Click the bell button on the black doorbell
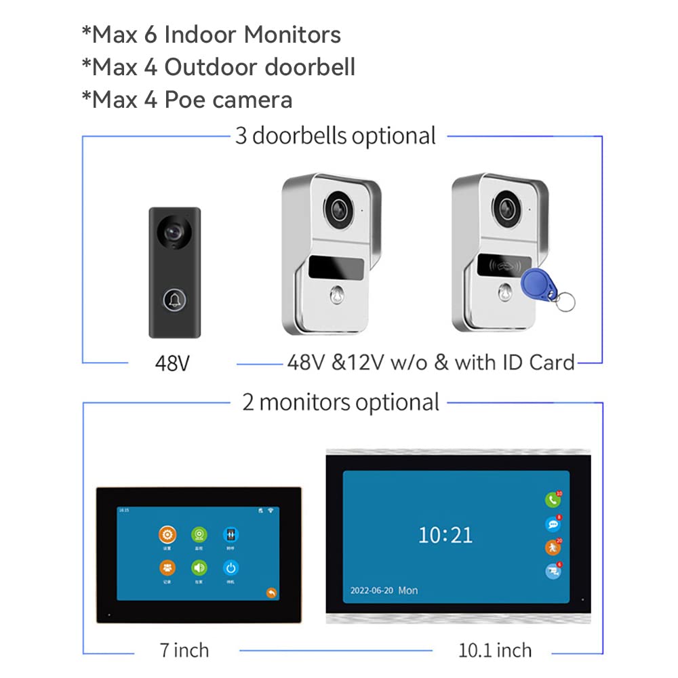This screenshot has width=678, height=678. [174, 299]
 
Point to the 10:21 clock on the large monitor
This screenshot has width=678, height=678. [445, 535]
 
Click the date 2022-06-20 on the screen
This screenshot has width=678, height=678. [372, 591]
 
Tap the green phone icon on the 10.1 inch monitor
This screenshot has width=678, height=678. [553, 500]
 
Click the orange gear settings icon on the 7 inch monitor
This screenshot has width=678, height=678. [167, 534]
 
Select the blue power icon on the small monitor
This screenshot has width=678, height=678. [231, 568]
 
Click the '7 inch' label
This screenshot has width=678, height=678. [184, 650]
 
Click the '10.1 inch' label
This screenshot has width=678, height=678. [495, 650]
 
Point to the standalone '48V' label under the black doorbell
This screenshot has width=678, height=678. [172, 363]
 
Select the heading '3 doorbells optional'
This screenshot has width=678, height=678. [336, 136]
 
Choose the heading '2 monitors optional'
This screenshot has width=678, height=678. [341, 402]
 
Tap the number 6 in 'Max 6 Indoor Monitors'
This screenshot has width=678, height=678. [151, 35]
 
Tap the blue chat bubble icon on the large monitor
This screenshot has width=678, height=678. [553, 523]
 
